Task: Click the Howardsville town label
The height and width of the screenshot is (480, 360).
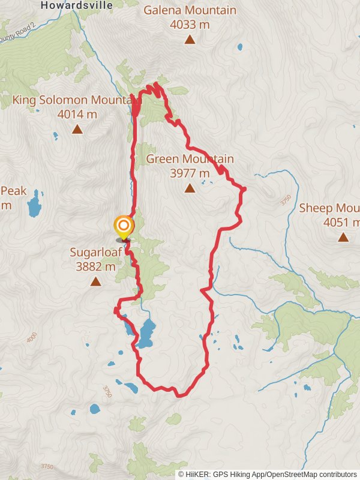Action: pos(76,5)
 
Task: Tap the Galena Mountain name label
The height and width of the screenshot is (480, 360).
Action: pos(190,10)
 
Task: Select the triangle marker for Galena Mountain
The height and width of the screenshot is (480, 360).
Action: pos(190,40)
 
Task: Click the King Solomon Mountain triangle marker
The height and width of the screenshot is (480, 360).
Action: pos(77,129)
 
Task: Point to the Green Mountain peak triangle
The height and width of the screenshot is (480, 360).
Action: pos(190,188)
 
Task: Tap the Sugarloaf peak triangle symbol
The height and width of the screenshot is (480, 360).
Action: pos(95,281)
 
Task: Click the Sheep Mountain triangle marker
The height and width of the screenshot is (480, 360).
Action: pos(343,237)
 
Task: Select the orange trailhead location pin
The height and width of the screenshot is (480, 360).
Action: pos(124,227)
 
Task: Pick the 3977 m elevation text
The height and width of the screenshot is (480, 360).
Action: pos(190,173)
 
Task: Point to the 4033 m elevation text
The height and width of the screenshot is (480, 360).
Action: pos(190,25)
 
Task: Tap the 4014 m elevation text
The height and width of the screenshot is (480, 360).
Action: pos(77,114)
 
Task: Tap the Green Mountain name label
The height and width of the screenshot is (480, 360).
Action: pos(190,159)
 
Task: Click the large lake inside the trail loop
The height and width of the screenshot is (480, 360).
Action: pos(146,333)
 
